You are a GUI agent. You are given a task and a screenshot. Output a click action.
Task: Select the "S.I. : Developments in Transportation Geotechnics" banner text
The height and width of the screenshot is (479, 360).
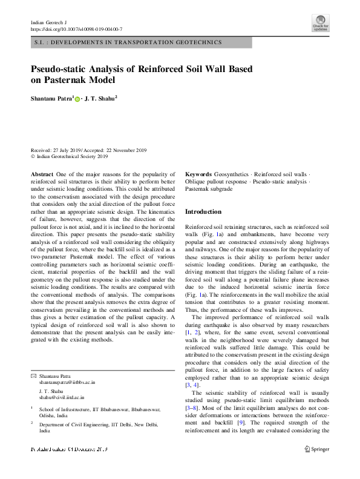(126, 42)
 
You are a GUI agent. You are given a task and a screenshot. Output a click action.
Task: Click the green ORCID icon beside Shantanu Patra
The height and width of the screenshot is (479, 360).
(77, 98)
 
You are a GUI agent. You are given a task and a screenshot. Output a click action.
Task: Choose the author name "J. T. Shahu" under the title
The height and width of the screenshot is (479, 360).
(100, 97)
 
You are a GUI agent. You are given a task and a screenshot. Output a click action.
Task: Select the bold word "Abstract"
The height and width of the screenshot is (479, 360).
(42, 174)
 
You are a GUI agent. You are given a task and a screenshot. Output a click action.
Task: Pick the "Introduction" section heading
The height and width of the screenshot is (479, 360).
(203, 212)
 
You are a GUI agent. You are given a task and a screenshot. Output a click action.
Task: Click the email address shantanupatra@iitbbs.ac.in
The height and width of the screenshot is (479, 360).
(67, 383)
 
